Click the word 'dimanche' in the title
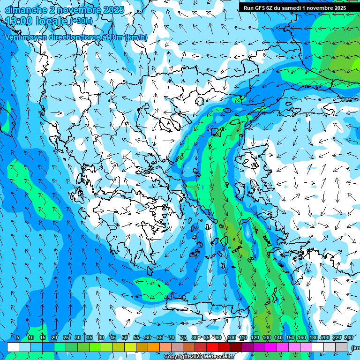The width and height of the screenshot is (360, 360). pyautogui.click(x=23, y=10)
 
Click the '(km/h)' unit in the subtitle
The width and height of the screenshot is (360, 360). pyautogui.click(x=136, y=37)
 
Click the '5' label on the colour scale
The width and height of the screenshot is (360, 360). pyautogui.click(x=18, y=337)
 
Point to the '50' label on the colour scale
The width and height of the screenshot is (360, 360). pyautogui.click(x=125, y=337)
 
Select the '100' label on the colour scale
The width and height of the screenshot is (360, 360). pyautogui.click(x=232, y=337)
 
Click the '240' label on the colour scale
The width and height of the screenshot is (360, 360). pyautogui.click(x=348, y=337)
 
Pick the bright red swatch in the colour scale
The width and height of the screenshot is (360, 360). pyautogui.click(x=212, y=347)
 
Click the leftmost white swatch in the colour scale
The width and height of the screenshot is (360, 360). pyautogui.click(x=13, y=347)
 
